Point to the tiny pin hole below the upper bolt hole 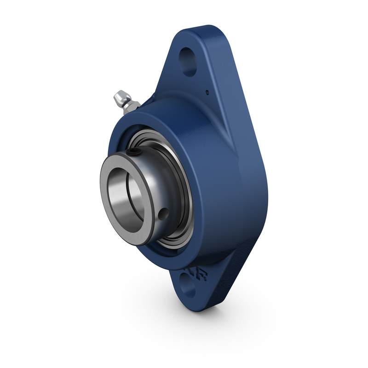point(207,92)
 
